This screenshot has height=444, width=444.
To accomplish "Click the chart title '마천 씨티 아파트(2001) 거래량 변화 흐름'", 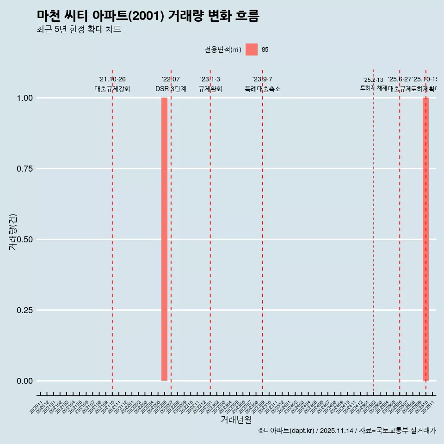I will [x=148, y=16].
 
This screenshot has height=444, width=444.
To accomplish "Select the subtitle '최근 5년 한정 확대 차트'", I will [x=79, y=30].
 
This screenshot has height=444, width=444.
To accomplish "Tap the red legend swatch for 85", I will [x=251, y=49].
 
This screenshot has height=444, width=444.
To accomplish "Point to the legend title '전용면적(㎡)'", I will [x=223, y=50].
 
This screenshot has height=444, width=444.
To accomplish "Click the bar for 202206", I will [x=164, y=239].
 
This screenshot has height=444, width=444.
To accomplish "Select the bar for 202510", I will [x=425, y=239].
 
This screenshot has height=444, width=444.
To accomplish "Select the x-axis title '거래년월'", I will [x=236, y=420].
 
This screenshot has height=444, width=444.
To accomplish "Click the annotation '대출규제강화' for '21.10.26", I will [x=112, y=89].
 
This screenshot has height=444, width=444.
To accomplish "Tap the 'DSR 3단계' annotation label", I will [x=171, y=89].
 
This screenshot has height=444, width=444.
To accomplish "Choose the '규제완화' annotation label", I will [x=210, y=89].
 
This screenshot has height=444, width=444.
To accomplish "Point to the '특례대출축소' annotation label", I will [x=263, y=89].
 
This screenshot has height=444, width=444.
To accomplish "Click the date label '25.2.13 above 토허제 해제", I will [x=373, y=80].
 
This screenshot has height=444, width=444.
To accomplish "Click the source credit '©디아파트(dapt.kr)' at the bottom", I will [x=286, y=431].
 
